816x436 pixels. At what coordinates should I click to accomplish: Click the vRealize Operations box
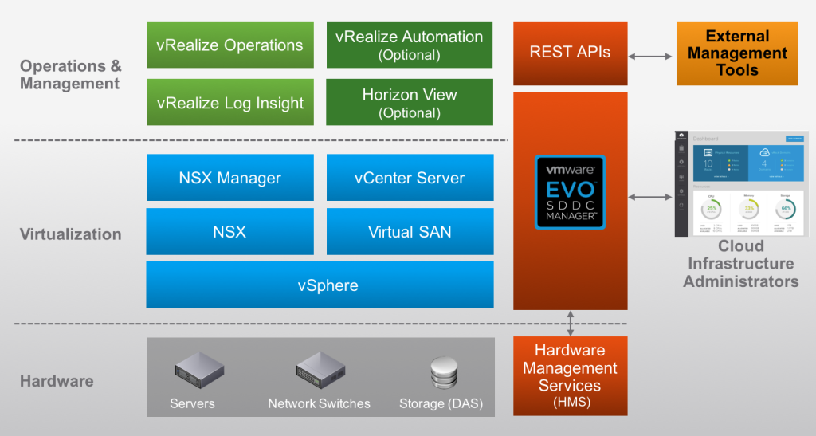(230, 45)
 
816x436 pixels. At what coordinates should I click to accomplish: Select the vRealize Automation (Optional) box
(409, 45)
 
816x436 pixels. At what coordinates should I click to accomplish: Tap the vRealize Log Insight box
(230, 103)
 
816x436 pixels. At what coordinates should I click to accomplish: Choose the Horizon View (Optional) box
(409, 102)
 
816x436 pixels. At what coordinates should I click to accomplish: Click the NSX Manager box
(230, 178)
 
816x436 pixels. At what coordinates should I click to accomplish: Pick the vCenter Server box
(409, 178)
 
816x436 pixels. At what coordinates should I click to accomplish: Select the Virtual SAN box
(409, 232)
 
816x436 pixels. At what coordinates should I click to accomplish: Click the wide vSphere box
(320, 285)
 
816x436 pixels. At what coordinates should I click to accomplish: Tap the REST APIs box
(570, 53)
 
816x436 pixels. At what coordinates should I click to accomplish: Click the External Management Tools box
(737, 53)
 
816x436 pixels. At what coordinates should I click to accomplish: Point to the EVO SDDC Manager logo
(570, 191)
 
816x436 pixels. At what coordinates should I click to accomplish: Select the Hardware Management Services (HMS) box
(570, 375)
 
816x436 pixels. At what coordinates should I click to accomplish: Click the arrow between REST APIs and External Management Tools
(651, 56)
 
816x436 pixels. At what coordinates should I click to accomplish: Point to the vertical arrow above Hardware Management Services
(571, 323)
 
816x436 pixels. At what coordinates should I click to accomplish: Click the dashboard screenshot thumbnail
(741, 184)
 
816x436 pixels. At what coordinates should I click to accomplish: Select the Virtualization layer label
(71, 234)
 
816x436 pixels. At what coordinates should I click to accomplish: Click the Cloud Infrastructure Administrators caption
(741, 264)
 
